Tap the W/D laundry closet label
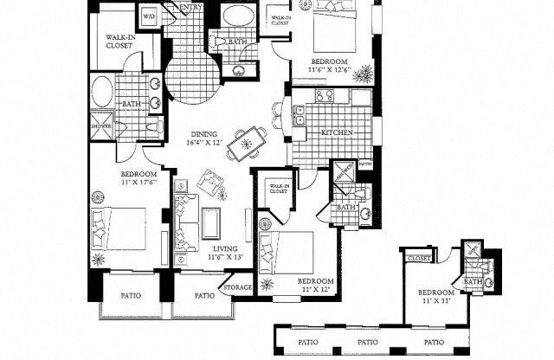148,16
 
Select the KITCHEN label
336,132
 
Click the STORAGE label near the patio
238,287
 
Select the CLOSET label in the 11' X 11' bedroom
420,258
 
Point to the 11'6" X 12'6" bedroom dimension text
330,67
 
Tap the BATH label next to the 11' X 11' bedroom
473,282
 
